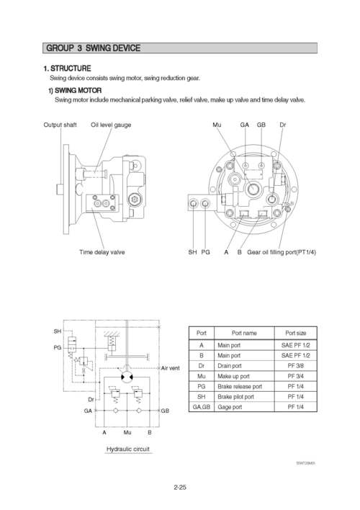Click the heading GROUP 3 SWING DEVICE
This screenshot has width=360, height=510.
[93, 48]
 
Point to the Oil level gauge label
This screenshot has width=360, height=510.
[111, 125]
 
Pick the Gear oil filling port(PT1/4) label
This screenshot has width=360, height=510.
[282, 252]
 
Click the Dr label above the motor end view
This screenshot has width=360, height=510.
[283, 125]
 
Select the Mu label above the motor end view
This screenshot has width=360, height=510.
[217, 125]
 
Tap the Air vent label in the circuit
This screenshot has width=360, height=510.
[170, 368]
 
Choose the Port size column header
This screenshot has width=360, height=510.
[295, 333]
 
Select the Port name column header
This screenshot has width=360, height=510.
[244, 333]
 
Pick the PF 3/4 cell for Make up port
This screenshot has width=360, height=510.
[295, 376]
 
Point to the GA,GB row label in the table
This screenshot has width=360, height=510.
[202, 407]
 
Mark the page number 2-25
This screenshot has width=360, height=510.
[180, 488]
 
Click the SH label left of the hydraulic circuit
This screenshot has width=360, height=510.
[57, 331]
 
